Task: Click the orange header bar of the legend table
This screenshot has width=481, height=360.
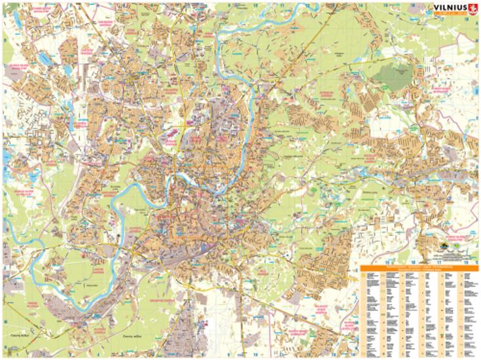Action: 419,268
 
